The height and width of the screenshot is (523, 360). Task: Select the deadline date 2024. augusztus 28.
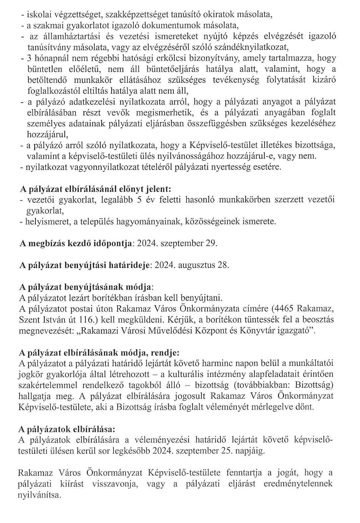[192, 265]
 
